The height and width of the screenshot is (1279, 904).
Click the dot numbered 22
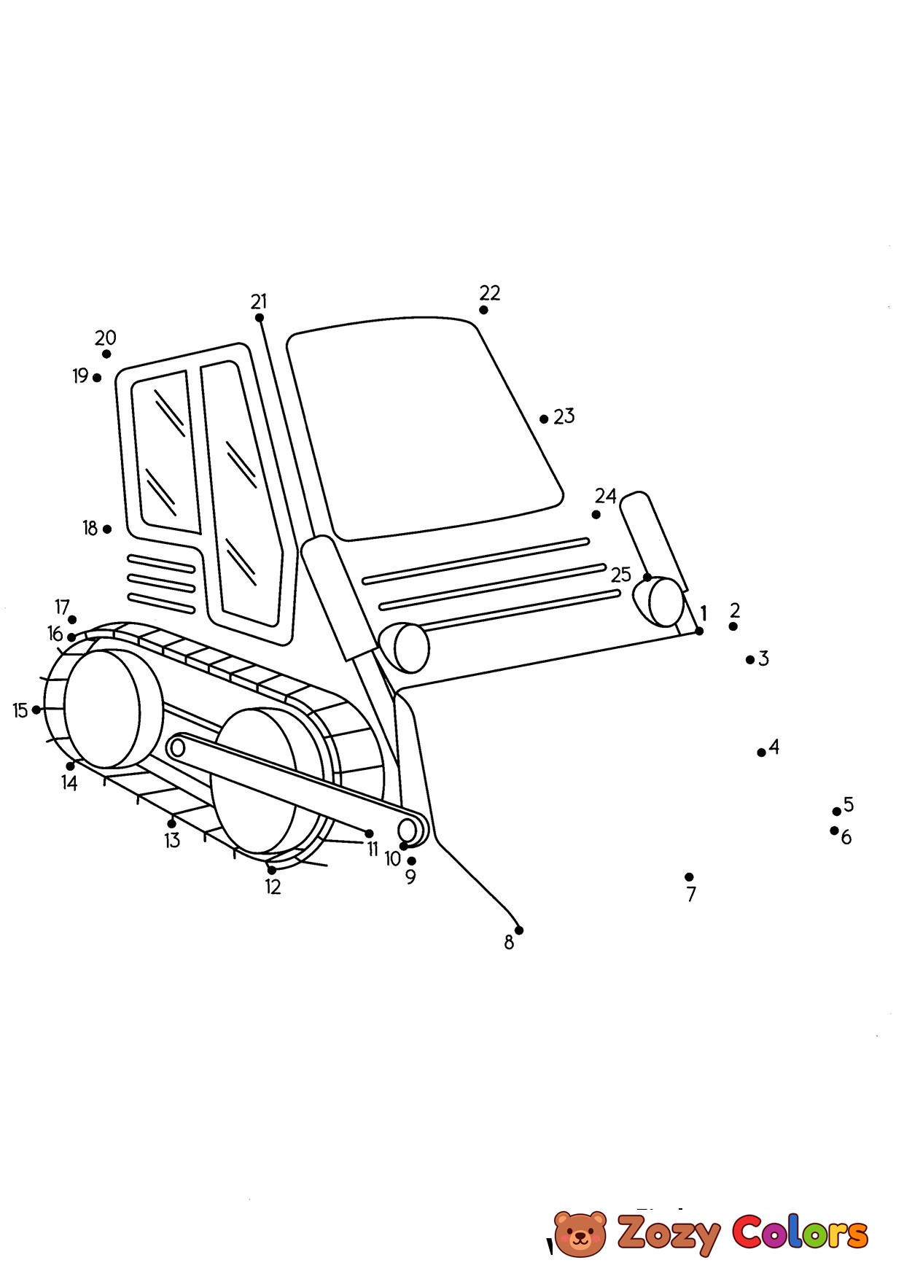(x=483, y=310)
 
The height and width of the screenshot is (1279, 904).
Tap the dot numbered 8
(x=519, y=930)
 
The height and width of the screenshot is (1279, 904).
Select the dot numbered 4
(x=761, y=753)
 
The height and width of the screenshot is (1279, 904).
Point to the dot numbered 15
(x=36, y=710)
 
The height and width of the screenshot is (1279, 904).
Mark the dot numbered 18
(x=107, y=529)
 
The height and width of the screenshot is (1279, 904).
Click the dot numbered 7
(x=689, y=876)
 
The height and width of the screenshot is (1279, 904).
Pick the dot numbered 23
(x=544, y=419)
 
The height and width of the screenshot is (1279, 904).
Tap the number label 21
(x=259, y=301)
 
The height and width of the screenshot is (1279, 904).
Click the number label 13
(x=172, y=841)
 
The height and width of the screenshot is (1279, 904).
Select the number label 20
(x=106, y=338)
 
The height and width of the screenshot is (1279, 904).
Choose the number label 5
(x=849, y=804)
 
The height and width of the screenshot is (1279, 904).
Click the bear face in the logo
(x=580, y=1235)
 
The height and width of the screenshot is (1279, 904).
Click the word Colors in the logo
(x=800, y=1232)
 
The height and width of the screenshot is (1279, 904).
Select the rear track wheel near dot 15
(x=102, y=709)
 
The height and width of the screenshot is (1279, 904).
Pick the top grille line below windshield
(x=475, y=561)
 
